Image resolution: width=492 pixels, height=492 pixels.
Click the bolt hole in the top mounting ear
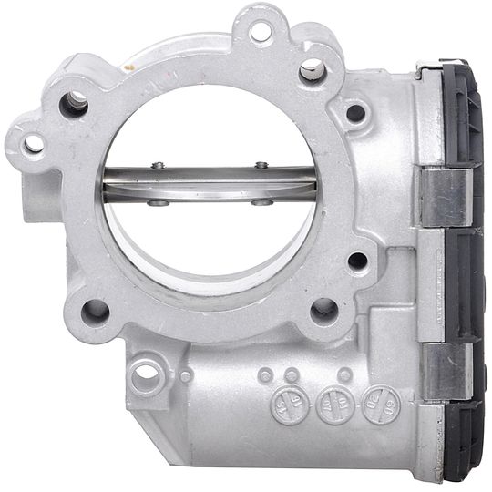coord(260,33)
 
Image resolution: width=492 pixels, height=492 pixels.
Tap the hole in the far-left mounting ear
coord(33,144)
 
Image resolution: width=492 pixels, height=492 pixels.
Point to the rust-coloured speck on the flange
coord(129,67)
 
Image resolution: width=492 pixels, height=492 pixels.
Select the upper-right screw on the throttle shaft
coord(261,165)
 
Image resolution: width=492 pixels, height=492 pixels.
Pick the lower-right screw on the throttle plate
coord(261,202)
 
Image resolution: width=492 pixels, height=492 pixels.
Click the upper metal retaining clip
coord(446,196)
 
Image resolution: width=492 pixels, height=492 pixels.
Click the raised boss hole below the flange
coord(146,374)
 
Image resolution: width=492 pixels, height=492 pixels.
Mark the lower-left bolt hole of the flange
coord(95,311)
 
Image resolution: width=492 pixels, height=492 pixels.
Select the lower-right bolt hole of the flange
coord(323,310)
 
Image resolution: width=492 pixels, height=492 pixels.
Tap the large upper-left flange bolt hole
coord(74,103)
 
